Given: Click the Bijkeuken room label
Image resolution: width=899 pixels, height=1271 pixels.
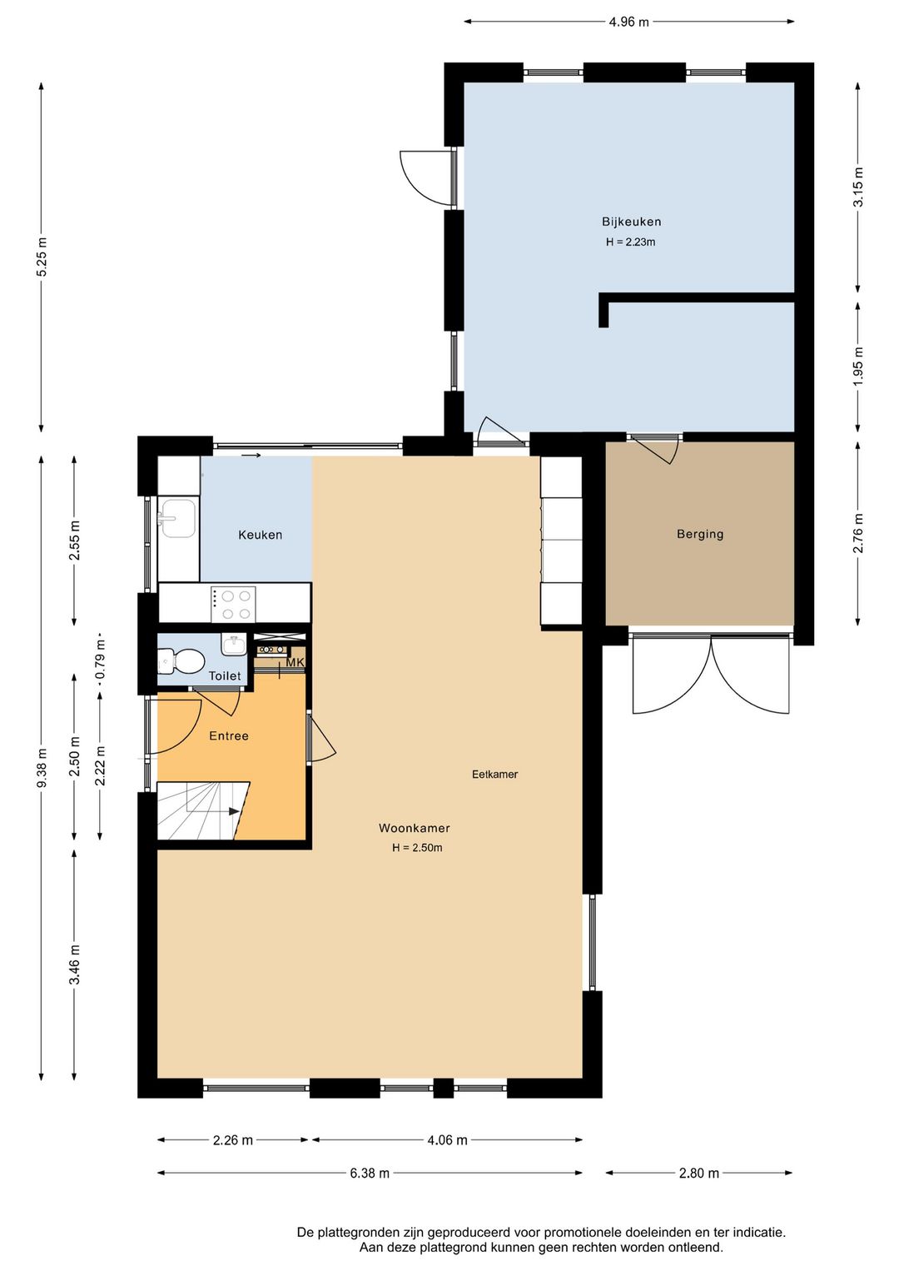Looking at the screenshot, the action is click(631, 222).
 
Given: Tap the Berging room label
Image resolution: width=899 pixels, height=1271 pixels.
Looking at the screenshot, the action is click(700, 534).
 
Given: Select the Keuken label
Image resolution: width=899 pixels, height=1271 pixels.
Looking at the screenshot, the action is click(260, 535).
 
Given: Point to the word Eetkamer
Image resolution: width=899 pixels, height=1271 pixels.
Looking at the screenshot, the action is click(494, 774).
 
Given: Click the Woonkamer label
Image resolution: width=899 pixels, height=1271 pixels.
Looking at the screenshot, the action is click(414, 828).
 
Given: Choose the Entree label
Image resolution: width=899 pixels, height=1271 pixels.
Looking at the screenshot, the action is click(229, 736).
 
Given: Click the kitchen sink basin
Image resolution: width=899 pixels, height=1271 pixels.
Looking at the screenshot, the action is click(177, 517).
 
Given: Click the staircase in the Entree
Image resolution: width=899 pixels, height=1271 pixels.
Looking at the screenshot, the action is click(202, 810).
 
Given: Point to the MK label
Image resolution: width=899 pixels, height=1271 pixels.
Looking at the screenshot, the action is click(295, 662).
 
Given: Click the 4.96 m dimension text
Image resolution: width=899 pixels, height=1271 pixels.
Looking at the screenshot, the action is click(628, 22).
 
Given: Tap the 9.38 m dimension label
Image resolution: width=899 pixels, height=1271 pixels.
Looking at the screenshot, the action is click(41, 767).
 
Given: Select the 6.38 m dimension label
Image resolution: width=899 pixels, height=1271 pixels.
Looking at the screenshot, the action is click(370, 1173).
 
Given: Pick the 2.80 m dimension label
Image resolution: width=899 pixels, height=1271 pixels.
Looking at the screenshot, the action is click(698, 1173).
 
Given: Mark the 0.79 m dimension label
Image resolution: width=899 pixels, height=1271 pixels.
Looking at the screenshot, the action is click(101, 659).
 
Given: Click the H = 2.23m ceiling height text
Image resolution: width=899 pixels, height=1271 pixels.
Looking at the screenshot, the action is click(631, 242).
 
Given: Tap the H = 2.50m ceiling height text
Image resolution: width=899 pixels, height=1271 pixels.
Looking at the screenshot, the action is click(417, 848).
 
